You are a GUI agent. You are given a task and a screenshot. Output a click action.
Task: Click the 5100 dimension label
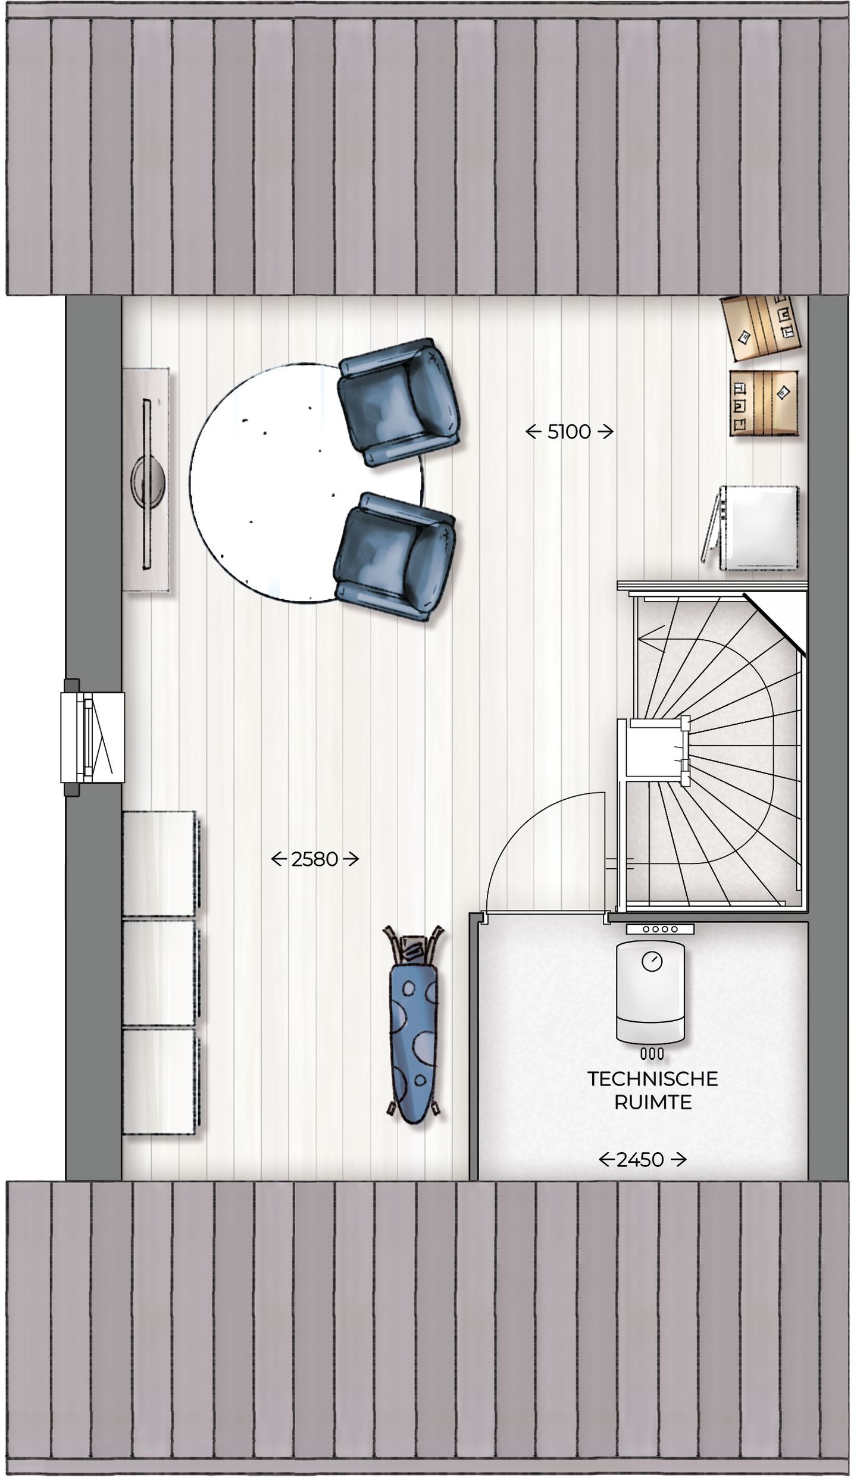[x=569, y=432]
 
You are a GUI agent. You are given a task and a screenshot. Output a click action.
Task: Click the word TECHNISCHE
[x=652, y=1079]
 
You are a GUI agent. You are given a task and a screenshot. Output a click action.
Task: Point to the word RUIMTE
[x=652, y=1103]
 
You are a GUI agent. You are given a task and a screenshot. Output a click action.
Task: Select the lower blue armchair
[x=394, y=556]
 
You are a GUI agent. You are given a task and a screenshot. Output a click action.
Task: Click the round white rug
[x=280, y=482]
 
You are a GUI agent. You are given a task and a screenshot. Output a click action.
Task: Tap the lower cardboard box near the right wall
[x=763, y=403]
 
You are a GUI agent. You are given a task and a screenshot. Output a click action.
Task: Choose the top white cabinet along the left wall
[x=159, y=863]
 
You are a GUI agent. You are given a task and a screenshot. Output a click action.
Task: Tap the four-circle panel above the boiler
[x=659, y=929]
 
